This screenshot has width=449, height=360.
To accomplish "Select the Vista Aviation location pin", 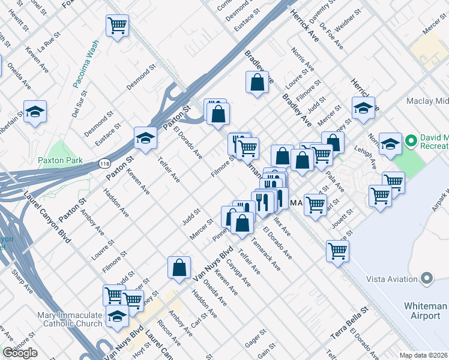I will pyautogui.click(x=427, y=278).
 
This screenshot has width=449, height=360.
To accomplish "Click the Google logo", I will pyautogui.click(x=20, y=353).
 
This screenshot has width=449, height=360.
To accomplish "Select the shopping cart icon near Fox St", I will pyautogui.click(x=118, y=25).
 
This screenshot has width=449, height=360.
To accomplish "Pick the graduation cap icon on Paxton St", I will pyautogui.click(x=145, y=137).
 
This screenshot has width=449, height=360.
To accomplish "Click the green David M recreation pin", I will pyautogui.click(x=411, y=142).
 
